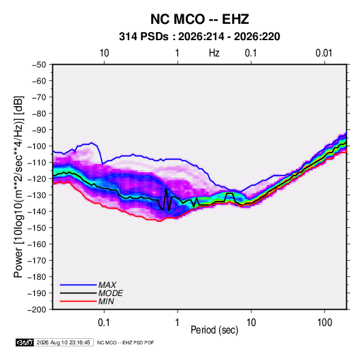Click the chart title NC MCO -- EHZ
(199, 19)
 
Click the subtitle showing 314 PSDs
(199, 37)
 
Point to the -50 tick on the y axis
(39, 65)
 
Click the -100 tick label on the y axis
(37, 146)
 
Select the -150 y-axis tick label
(37, 228)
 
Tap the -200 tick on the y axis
(37, 310)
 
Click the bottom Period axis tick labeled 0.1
(104, 322)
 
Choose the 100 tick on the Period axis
(325, 322)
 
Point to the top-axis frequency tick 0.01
(324, 53)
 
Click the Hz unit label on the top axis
(214, 53)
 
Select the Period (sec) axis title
(214, 330)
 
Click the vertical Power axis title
(18, 187)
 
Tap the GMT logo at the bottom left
(24, 342)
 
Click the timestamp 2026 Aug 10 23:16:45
(63, 342)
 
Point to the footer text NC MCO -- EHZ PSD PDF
(125, 342)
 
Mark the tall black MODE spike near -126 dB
(166, 189)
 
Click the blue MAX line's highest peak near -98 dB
(91, 143)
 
